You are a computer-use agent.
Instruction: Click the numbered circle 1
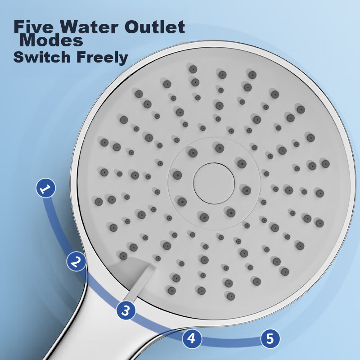point(46,188)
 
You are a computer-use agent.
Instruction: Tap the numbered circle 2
point(76,261)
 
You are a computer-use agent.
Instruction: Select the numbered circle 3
point(126,310)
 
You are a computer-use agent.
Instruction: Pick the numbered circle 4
point(192,338)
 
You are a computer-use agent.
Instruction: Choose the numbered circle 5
point(270,338)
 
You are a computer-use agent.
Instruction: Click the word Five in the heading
point(33,27)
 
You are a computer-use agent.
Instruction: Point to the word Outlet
point(155,27)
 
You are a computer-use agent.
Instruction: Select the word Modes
point(51,40)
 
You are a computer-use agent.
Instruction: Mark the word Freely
point(102,58)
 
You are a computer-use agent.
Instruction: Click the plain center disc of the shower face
point(214,184)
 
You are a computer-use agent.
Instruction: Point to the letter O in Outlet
point(132,27)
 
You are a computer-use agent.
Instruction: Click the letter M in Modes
point(28,40)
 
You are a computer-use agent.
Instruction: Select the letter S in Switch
point(19,57)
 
